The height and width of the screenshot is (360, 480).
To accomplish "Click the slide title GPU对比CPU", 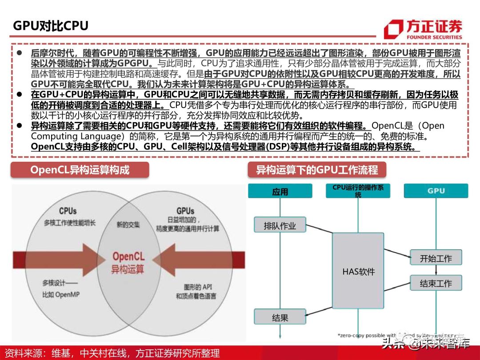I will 51,26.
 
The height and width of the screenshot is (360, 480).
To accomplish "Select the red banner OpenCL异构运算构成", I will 80,170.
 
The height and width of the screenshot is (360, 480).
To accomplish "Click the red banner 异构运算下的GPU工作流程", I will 317,170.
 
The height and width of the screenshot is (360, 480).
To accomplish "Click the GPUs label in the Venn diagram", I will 185,211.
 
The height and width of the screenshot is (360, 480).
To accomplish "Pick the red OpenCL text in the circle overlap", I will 128,256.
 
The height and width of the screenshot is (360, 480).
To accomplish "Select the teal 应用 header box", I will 280,192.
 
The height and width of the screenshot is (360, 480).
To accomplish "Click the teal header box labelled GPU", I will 436,191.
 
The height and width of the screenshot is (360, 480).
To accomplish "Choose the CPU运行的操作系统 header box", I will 358,191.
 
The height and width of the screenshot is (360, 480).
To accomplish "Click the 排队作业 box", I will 280,225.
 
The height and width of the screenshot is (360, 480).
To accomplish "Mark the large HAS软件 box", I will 358,271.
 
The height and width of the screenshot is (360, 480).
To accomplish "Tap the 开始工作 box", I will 436,258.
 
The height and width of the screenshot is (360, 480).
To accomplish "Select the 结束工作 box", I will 436,283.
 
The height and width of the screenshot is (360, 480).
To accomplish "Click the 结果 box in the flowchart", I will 280,317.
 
